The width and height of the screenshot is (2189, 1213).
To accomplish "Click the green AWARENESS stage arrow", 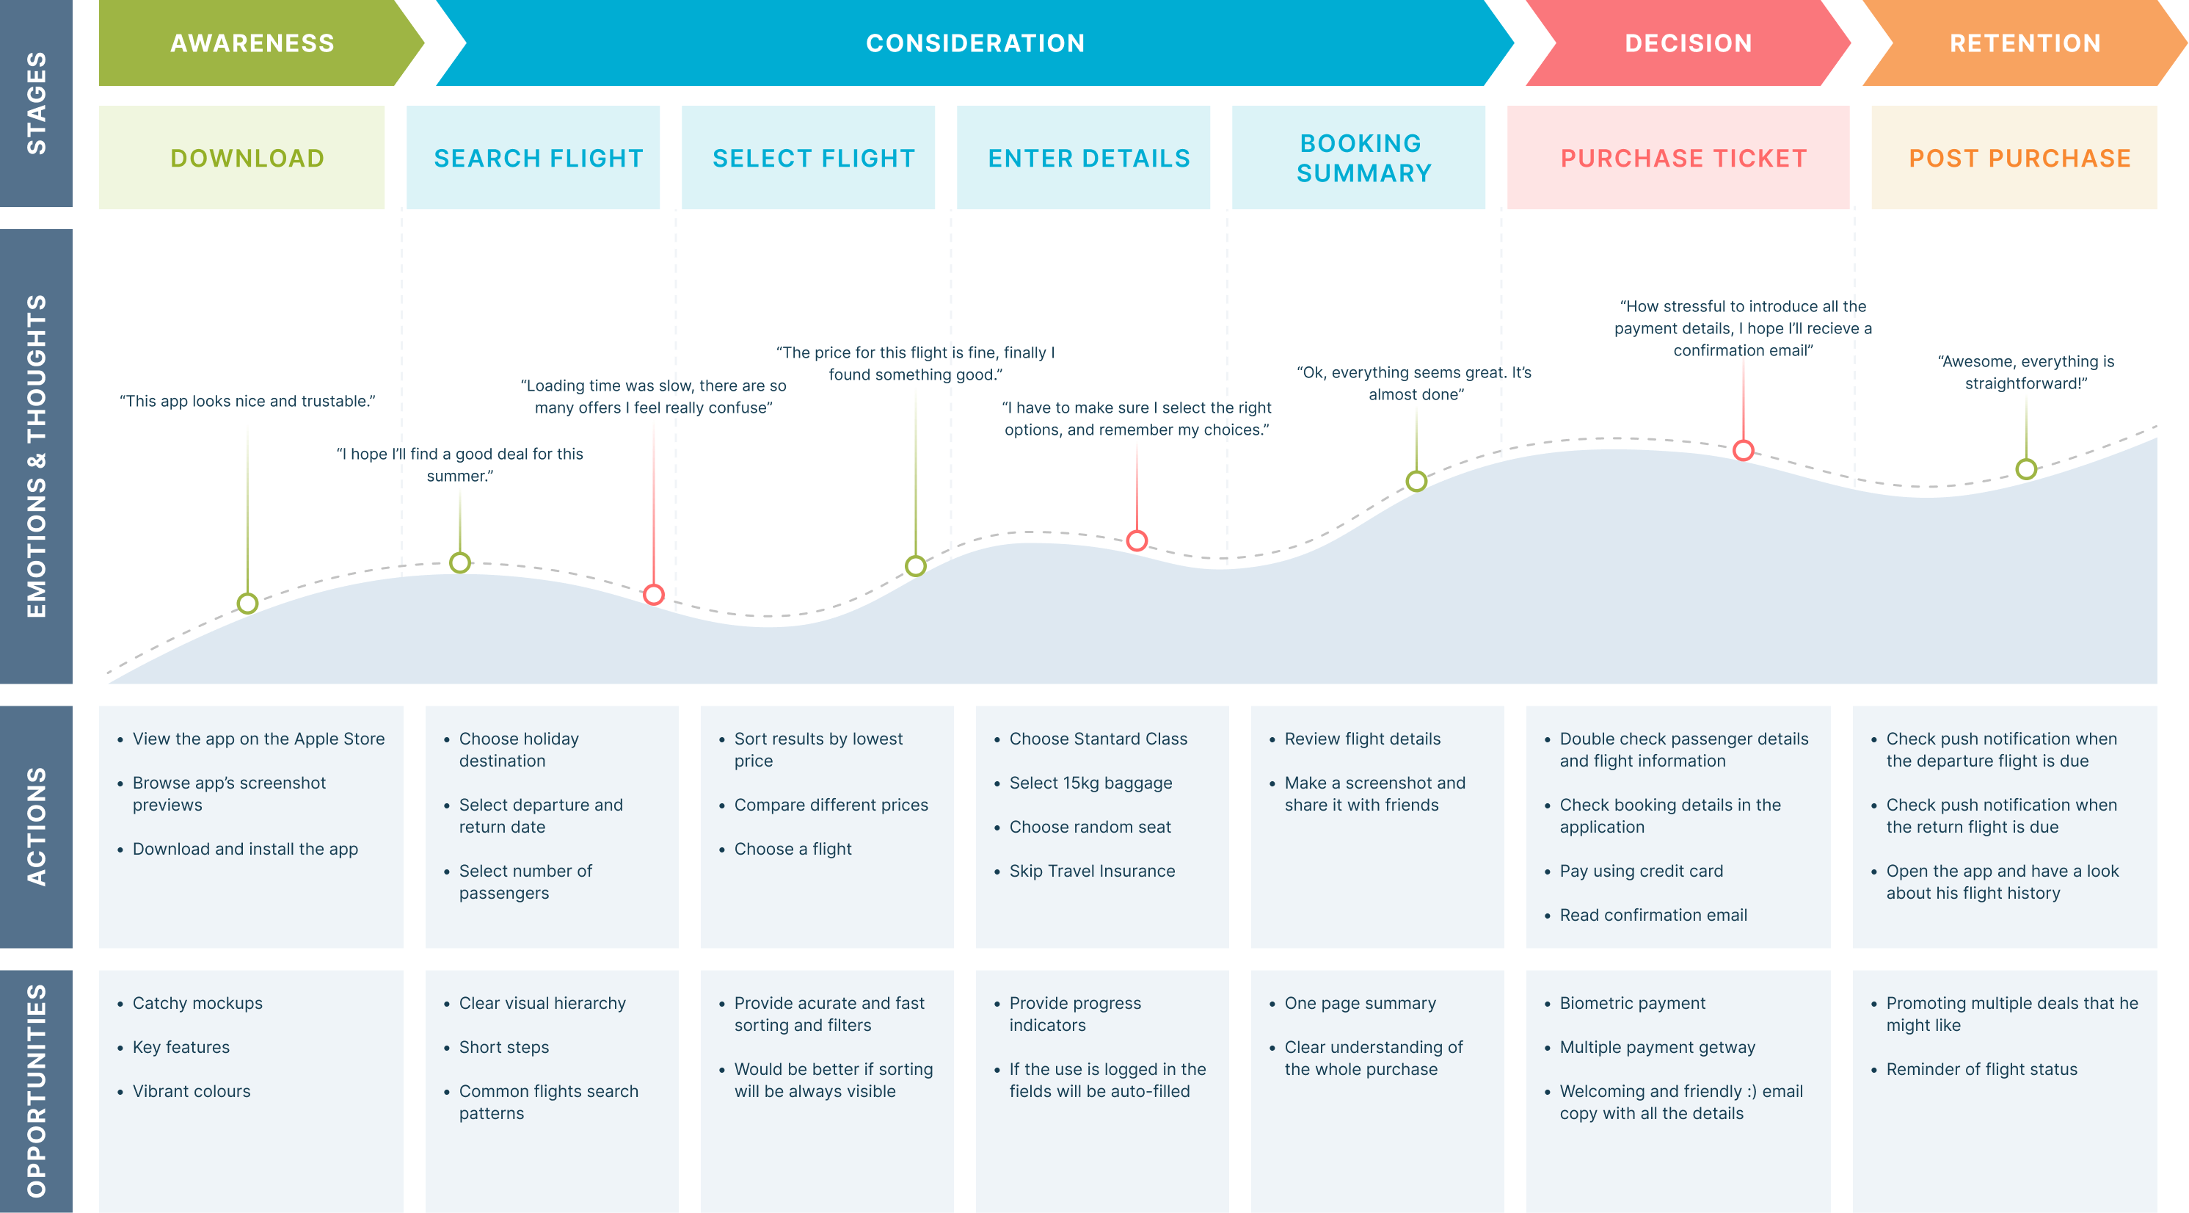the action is click(255, 43).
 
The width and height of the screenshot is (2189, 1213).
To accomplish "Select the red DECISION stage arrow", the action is click(1688, 43).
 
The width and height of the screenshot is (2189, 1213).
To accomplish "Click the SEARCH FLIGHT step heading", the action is click(539, 158).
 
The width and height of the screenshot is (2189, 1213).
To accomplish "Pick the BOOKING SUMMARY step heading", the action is click(1363, 158).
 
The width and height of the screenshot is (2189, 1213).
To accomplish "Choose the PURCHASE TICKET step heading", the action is click(1683, 158).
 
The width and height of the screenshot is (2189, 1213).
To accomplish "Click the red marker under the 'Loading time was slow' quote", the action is click(653, 594).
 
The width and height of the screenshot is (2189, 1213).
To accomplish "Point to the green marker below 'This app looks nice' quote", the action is click(247, 604).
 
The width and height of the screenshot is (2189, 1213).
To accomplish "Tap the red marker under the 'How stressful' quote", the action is click(1743, 451).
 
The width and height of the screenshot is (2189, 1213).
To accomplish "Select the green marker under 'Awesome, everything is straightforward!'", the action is click(2026, 468).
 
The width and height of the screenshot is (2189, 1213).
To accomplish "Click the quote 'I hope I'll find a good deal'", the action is click(459, 465).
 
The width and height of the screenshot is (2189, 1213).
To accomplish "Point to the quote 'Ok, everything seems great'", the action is click(1415, 383).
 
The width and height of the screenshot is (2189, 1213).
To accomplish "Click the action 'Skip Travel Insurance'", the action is click(1092, 870).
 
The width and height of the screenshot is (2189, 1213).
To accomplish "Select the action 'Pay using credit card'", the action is click(1641, 870).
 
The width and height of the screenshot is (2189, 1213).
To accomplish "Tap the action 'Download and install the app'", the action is click(245, 848).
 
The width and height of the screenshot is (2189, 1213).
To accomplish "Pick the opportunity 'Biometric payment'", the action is click(1633, 1003).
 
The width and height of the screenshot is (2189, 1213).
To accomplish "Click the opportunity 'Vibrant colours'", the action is click(192, 1090).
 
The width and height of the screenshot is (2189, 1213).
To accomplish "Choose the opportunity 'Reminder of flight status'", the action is click(1981, 1068).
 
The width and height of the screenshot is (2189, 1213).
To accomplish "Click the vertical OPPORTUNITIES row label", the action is click(37, 1090).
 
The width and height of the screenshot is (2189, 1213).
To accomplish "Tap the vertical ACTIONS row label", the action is click(37, 826).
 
